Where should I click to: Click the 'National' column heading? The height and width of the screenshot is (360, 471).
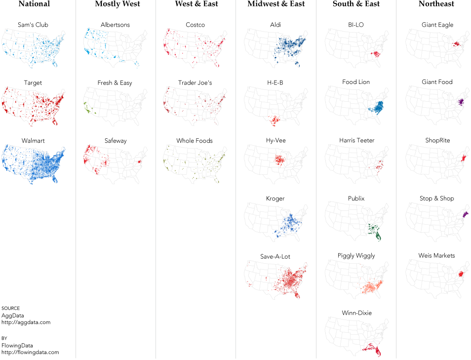(34, 4)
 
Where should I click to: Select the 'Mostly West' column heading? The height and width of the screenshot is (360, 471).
(118, 4)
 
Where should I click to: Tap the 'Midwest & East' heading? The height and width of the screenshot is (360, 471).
(276, 4)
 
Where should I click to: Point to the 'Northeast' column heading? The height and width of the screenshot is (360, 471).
(436, 4)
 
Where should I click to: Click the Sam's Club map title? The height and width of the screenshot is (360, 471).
(33, 25)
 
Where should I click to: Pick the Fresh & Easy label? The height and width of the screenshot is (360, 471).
(115, 83)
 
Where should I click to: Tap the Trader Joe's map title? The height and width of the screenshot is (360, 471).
(195, 83)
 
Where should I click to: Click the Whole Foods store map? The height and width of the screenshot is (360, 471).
(195, 163)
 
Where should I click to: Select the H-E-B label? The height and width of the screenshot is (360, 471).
(275, 82)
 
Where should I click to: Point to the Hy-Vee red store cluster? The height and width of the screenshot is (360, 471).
(279, 160)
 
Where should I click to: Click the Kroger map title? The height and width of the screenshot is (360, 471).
(275, 199)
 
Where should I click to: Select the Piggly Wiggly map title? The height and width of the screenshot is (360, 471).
(356, 256)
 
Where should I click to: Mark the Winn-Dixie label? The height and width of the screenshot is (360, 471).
(356, 313)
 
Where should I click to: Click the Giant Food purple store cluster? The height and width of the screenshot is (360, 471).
(461, 102)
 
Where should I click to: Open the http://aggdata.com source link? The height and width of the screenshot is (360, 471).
(26, 322)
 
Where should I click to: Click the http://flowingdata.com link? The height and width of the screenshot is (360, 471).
(30, 353)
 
